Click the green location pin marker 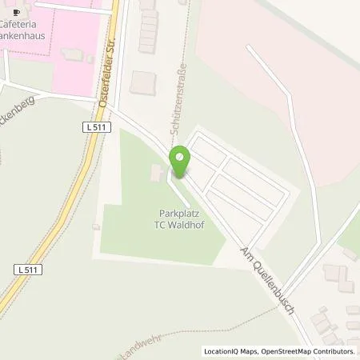[x=179, y=161]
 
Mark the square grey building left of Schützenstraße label [x=143, y=82]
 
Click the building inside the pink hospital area [x=74, y=54]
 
